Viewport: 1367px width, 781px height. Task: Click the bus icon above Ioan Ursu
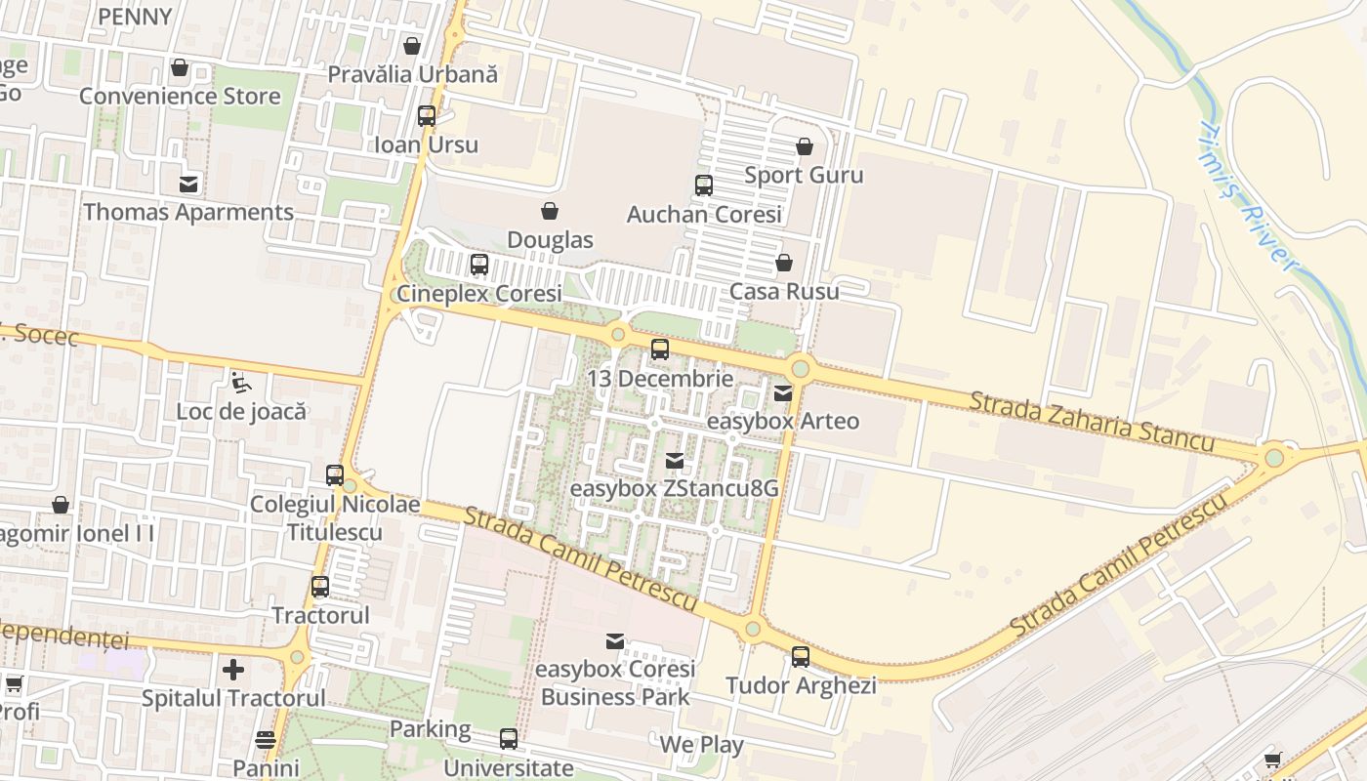[427, 116]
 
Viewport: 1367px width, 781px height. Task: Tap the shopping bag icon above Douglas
[550, 211]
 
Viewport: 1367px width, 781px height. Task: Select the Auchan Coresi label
[704, 214]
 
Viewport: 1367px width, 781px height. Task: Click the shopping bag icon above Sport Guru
[804, 147]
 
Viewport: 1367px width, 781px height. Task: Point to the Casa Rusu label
[784, 291]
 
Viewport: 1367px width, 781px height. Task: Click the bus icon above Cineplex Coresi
[478, 265]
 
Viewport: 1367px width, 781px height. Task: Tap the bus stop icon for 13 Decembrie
[660, 349]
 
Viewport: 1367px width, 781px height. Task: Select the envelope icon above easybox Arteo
[783, 393]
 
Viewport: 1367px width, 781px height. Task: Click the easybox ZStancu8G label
[674, 488]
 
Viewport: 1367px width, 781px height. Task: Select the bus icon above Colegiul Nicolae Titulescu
[335, 475]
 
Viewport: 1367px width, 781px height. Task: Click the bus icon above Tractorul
[320, 587]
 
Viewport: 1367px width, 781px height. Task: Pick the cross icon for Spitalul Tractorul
[232, 670]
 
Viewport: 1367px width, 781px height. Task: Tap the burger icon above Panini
[266, 740]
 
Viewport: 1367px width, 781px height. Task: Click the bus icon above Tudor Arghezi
[801, 657]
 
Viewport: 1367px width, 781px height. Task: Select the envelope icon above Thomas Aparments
[187, 184]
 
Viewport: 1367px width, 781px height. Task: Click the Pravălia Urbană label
[412, 74]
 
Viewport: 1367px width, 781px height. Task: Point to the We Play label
[701, 745]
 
